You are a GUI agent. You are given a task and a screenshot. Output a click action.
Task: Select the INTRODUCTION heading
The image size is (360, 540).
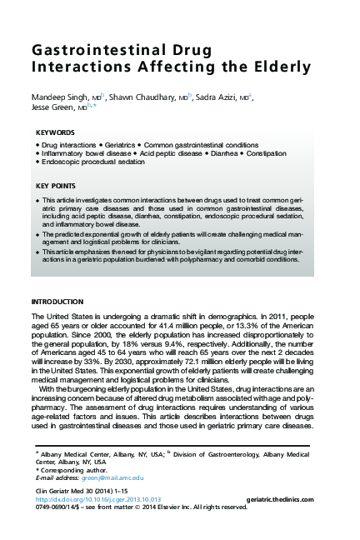(x=57, y=301)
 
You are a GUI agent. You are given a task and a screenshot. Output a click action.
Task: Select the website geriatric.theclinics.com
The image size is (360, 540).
(x=279, y=498)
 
